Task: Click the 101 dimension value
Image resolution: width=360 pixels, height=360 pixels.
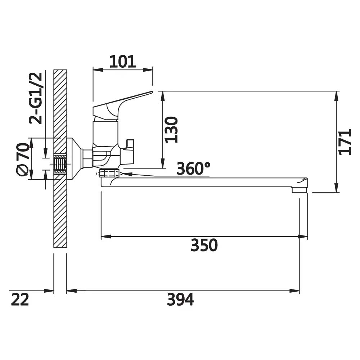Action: point(123,62)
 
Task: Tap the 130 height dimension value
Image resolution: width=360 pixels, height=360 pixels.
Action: point(172,130)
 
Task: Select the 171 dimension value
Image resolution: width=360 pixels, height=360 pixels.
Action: point(345,141)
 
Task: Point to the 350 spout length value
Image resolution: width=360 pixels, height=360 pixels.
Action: point(204,245)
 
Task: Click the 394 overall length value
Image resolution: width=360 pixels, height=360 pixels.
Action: point(180,300)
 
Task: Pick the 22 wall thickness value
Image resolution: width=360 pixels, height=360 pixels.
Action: point(20,300)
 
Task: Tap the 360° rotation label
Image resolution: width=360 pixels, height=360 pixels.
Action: point(193,168)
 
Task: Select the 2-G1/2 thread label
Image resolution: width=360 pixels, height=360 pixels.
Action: point(36,98)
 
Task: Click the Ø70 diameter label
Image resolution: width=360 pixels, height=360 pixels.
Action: point(23,159)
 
